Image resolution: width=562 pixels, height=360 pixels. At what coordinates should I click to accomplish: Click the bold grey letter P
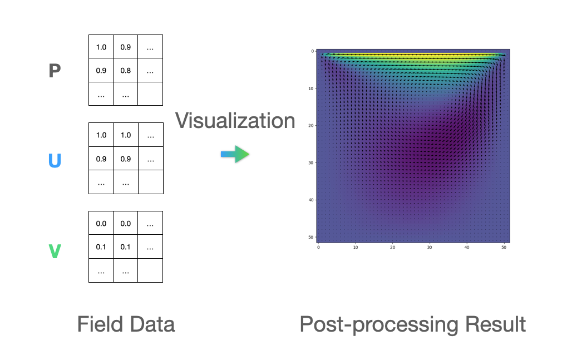click(x=55, y=71)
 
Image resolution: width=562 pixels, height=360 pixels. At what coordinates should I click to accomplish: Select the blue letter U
click(x=55, y=161)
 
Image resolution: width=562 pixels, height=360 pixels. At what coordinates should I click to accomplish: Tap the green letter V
click(x=55, y=251)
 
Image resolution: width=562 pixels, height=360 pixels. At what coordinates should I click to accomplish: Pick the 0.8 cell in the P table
click(x=126, y=71)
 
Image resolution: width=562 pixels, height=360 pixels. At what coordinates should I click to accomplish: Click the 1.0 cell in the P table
click(x=101, y=47)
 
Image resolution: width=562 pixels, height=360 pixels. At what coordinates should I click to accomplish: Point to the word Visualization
click(x=235, y=120)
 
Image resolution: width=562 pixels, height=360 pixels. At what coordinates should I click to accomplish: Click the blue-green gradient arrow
click(x=235, y=154)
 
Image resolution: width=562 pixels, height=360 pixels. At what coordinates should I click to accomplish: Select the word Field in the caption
click(x=100, y=324)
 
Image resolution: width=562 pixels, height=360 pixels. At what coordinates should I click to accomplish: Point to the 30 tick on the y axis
click(x=312, y=163)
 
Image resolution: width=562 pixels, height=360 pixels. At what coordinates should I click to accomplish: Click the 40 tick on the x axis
click(x=467, y=248)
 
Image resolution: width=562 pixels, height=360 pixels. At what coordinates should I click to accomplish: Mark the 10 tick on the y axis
click(x=312, y=88)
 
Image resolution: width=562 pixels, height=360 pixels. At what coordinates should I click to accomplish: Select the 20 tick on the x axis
click(x=392, y=248)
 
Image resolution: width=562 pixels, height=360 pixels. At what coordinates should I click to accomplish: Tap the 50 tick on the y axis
click(x=312, y=238)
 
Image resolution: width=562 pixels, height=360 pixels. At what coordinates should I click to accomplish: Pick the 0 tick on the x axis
click(x=318, y=248)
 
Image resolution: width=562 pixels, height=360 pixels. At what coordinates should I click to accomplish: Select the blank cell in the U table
click(x=150, y=182)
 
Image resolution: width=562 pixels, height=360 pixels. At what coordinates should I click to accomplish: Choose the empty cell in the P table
click(x=150, y=94)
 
